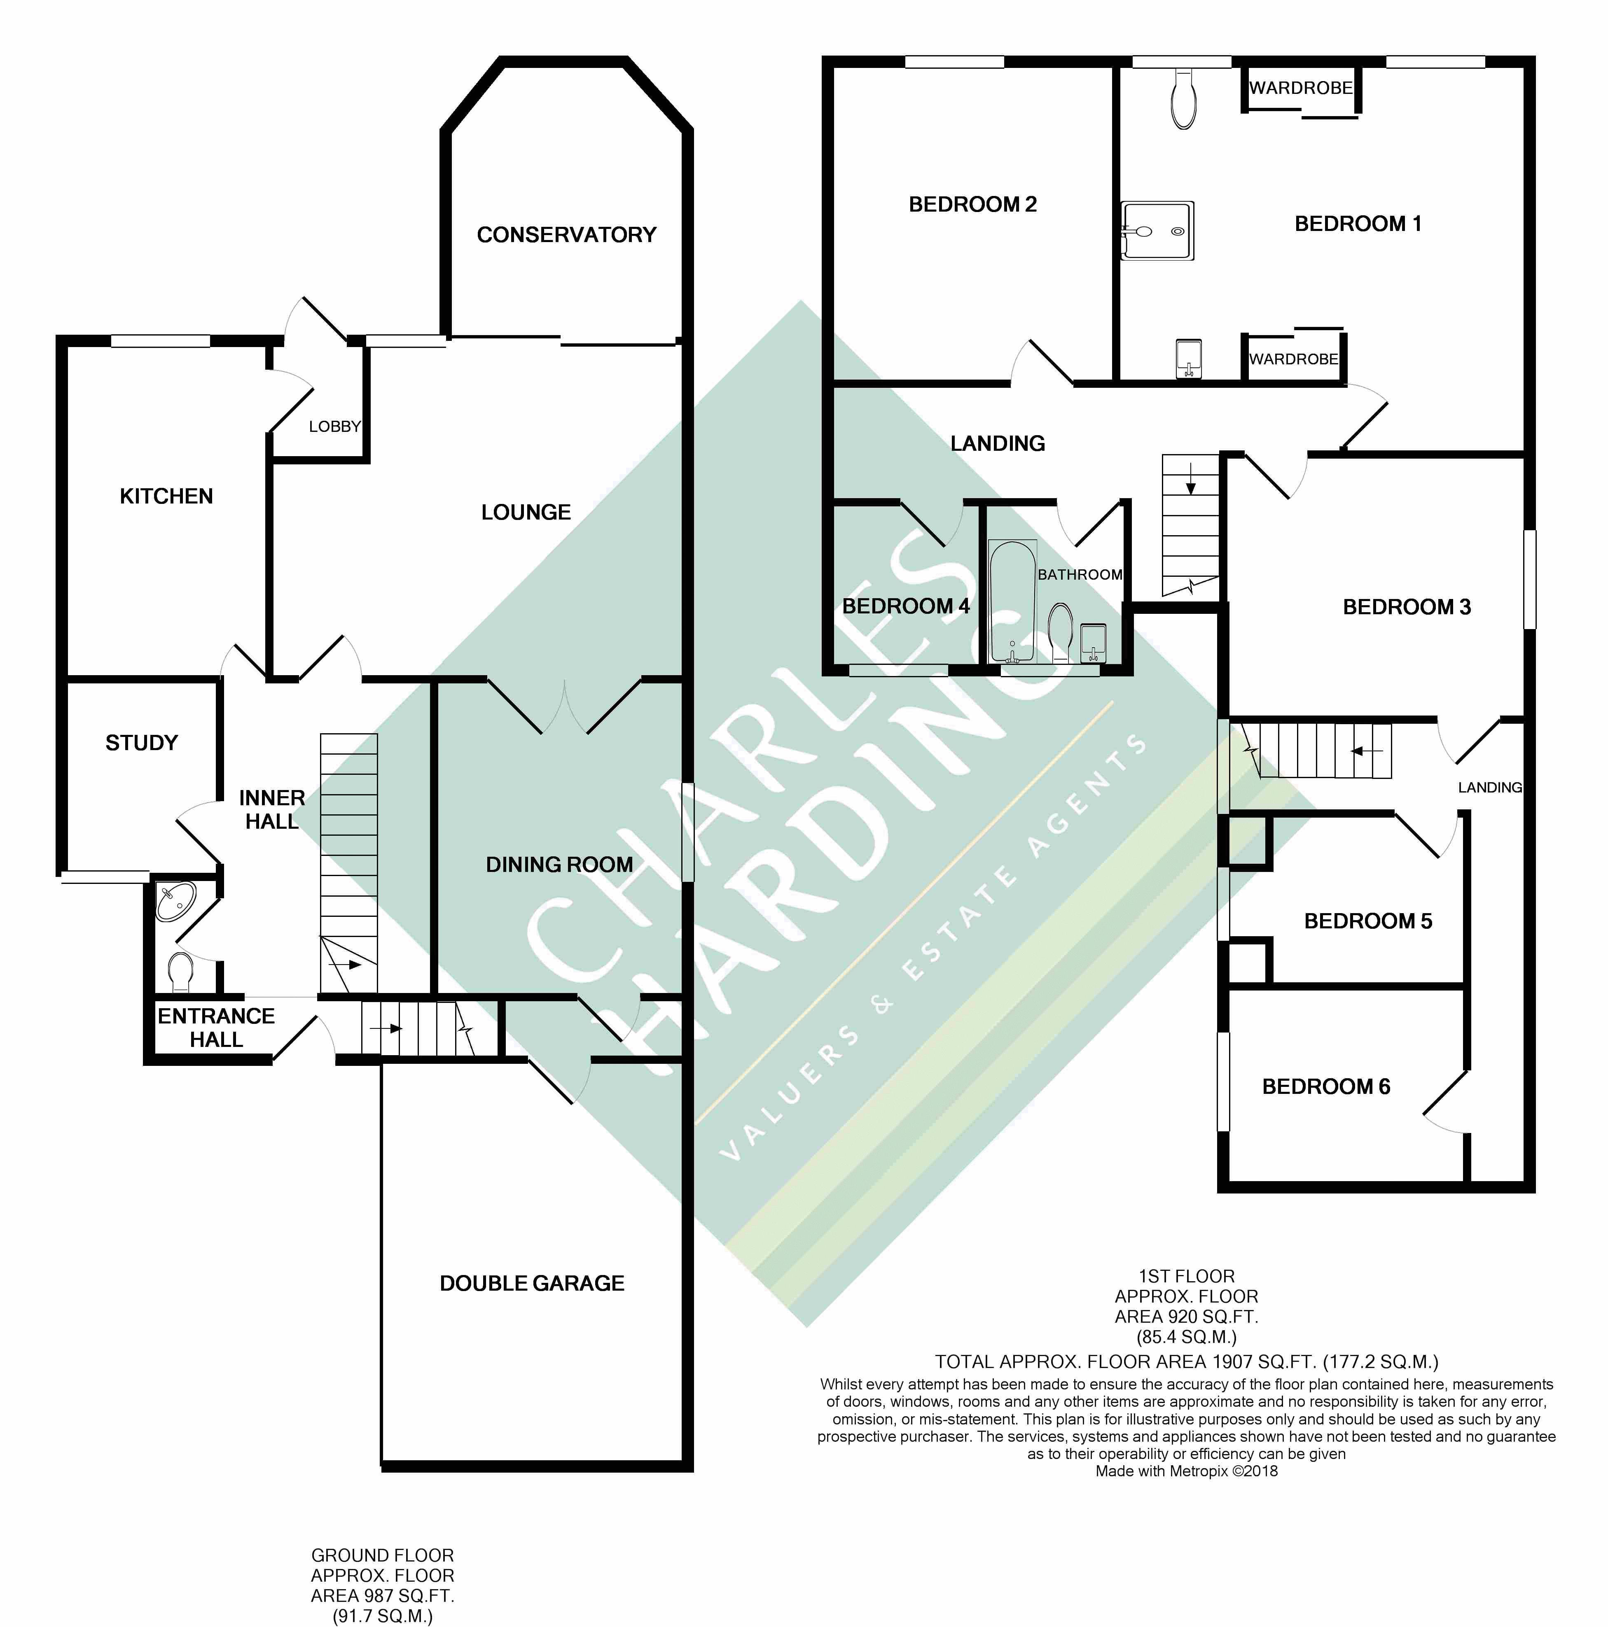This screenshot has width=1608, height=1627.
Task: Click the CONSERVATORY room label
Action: (566, 235)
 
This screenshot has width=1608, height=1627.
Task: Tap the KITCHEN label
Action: (166, 496)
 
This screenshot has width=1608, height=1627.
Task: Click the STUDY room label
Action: (142, 743)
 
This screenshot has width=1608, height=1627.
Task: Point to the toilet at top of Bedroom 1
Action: (1184, 99)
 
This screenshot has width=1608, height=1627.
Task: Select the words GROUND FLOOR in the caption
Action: (382, 1555)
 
